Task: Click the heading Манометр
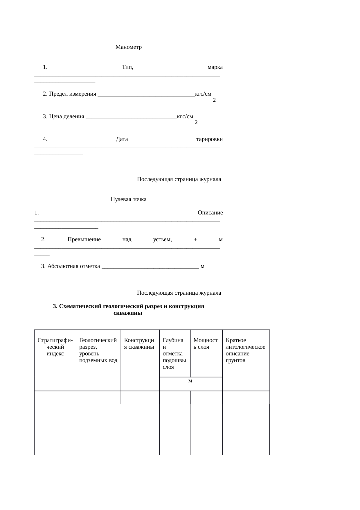(128, 47)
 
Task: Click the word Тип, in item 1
(127, 67)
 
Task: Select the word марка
(215, 67)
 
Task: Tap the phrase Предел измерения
(73, 94)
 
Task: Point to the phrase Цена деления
(66, 117)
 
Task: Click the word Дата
(122, 139)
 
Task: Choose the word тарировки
(209, 139)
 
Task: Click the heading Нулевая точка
(128, 199)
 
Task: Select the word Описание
(210, 213)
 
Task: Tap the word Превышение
(84, 239)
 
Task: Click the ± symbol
(195, 239)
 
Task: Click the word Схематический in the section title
(80, 306)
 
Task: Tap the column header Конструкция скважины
(140, 343)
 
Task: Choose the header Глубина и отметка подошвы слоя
(174, 353)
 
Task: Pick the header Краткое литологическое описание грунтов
(245, 350)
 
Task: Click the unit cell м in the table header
(190, 381)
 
